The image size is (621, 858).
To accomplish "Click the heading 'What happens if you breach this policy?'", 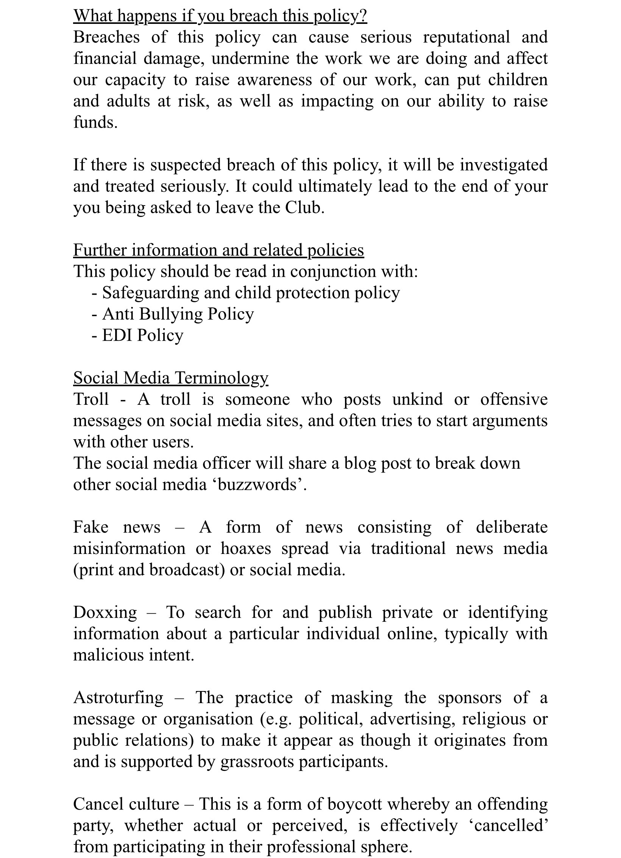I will point(220,16).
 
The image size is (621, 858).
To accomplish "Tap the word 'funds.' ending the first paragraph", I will point(95,122).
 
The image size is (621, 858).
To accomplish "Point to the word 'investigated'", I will point(504,165).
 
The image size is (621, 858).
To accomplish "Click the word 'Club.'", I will point(304,207).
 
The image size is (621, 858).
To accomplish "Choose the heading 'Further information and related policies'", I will point(218,250).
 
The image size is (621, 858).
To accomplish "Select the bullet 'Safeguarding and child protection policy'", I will point(251,293).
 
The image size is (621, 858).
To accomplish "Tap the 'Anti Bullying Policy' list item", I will point(178,314).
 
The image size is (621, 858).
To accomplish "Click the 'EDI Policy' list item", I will point(142,335).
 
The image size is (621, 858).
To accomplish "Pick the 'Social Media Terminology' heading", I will point(170,378).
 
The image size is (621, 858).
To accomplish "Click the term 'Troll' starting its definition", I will point(91,399).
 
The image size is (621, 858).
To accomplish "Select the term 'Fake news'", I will point(117,527).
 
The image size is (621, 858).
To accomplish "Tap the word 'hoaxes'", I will point(246,548).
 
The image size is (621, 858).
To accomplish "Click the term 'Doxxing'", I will point(105,612).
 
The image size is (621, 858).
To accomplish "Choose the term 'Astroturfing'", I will point(118,697).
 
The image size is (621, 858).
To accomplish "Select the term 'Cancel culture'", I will point(126,804).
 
